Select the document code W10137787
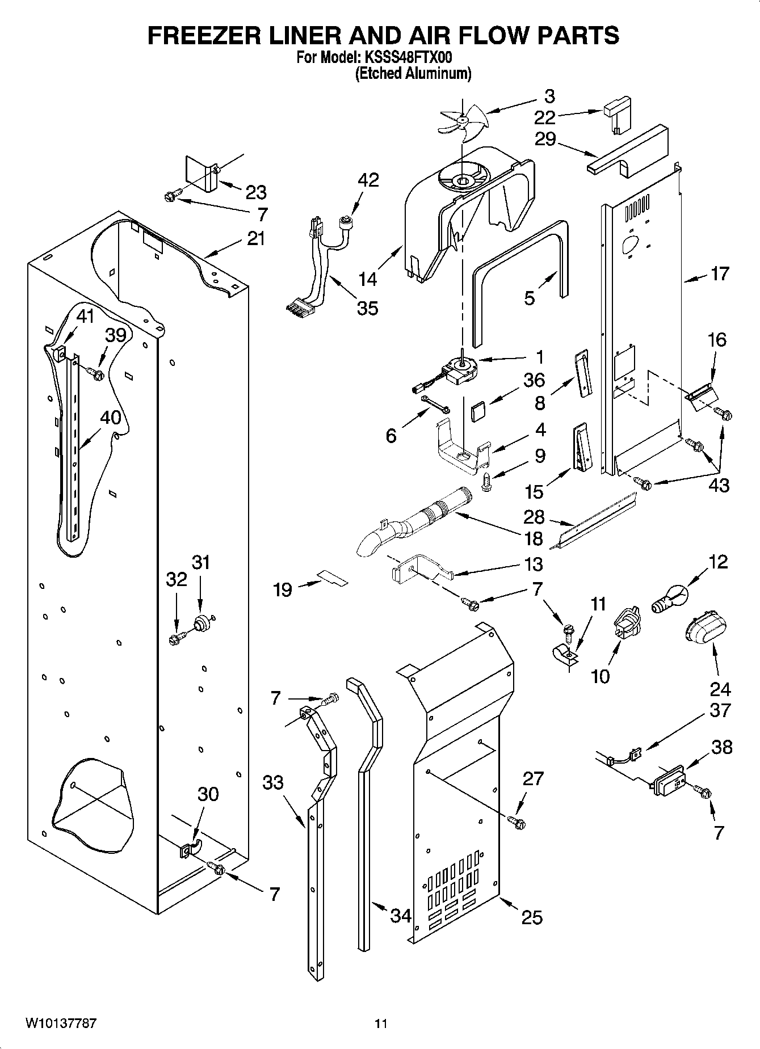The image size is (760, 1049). pos(60,1023)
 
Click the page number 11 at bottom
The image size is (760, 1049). pos(380,1023)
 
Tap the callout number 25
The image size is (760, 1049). pos(531,917)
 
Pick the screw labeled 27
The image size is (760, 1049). pos(516,820)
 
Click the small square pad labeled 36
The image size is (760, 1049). pos(478,410)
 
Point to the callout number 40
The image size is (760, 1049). pos(110,418)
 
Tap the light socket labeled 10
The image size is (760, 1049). pos(625,624)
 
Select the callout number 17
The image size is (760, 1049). pos(719,275)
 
